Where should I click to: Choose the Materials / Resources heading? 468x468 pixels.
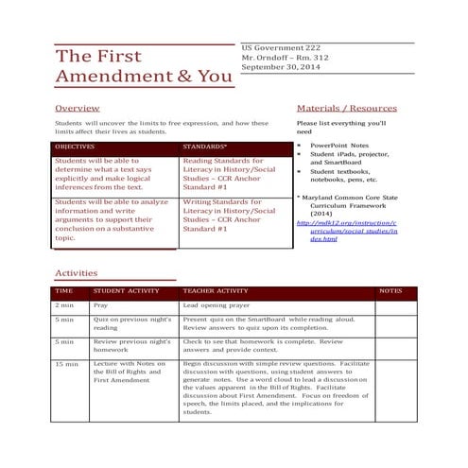coord(346,109)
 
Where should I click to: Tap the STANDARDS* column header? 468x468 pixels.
coord(204,147)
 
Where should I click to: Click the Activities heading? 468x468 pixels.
coord(76,272)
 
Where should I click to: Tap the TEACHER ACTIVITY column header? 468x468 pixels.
coord(215,291)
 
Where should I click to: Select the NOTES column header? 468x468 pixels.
coord(390,291)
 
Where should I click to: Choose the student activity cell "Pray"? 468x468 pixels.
coord(100,305)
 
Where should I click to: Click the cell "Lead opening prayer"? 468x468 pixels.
coord(218,305)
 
